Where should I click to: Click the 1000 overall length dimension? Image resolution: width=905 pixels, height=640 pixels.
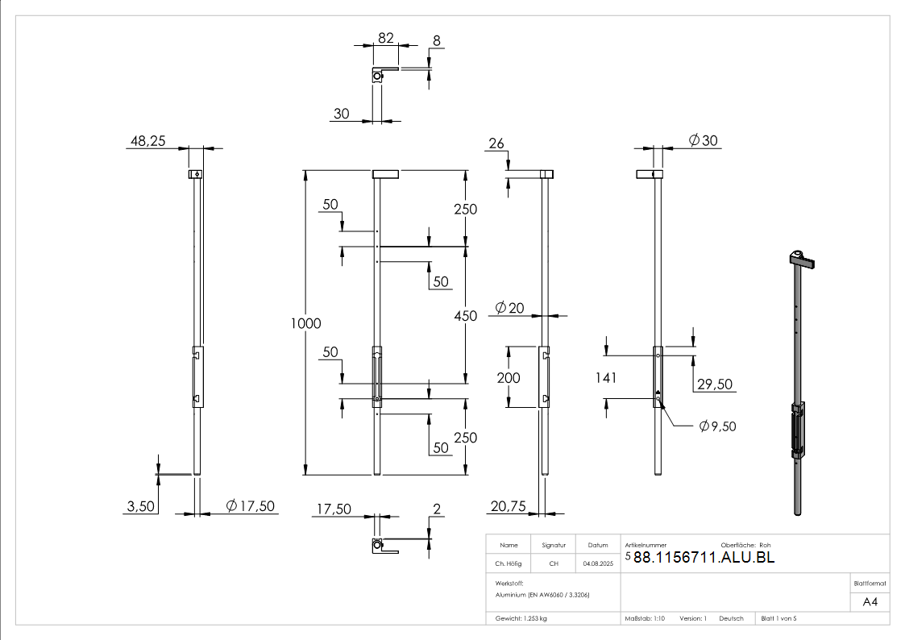point(307,323)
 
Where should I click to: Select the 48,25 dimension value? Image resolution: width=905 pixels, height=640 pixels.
point(147,141)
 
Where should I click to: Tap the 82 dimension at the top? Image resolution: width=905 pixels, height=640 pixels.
point(385,38)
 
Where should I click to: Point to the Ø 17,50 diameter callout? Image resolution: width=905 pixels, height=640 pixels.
point(251,506)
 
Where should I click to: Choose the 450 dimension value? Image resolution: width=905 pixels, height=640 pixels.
point(465,316)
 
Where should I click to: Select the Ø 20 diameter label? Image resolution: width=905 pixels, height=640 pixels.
point(509,307)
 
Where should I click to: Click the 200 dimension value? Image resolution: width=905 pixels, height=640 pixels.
point(509,377)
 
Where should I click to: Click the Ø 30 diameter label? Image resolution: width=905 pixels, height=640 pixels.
point(703,141)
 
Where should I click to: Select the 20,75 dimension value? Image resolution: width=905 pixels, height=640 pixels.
point(507,506)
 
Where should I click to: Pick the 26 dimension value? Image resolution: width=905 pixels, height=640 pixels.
point(496,143)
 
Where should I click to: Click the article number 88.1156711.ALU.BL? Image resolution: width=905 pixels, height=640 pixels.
point(704,557)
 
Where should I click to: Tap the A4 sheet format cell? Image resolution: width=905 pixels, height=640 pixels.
point(870,602)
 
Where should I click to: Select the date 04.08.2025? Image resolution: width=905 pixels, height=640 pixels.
point(598,564)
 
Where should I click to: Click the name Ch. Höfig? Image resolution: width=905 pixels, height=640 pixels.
point(509,564)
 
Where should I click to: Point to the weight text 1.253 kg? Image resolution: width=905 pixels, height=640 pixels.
point(521,618)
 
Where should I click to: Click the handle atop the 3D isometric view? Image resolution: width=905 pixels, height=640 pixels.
point(802,260)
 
